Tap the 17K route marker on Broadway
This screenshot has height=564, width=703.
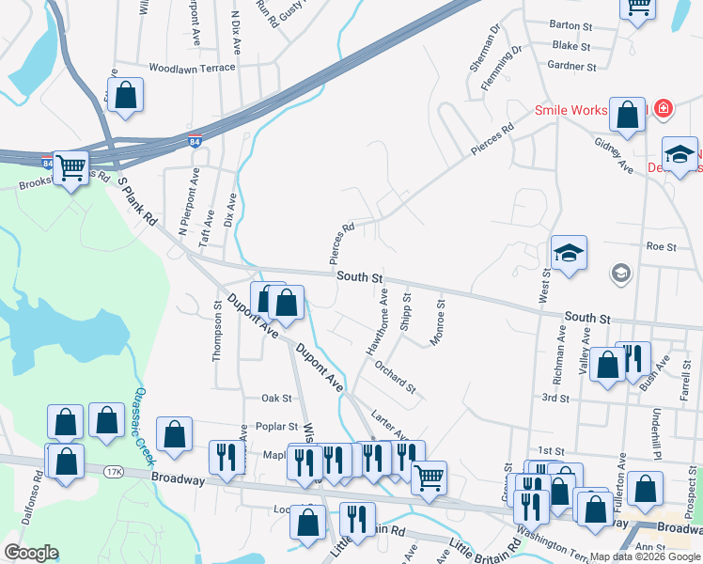pyautogui.click(x=114, y=471)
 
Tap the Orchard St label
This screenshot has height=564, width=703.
pyautogui.click(x=395, y=375)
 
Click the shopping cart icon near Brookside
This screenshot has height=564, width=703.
pyautogui.click(x=71, y=168)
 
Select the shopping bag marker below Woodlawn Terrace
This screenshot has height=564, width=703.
pyautogui.click(x=125, y=95)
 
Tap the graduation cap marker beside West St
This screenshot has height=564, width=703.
pyautogui.click(x=569, y=253)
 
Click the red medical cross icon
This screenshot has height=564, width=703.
pyautogui.click(x=664, y=110)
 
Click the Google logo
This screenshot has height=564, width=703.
pyautogui.click(x=31, y=553)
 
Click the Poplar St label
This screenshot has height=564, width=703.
pyautogui.click(x=277, y=426)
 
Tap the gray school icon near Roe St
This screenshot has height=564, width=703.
pyautogui.click(x=620, y=274)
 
